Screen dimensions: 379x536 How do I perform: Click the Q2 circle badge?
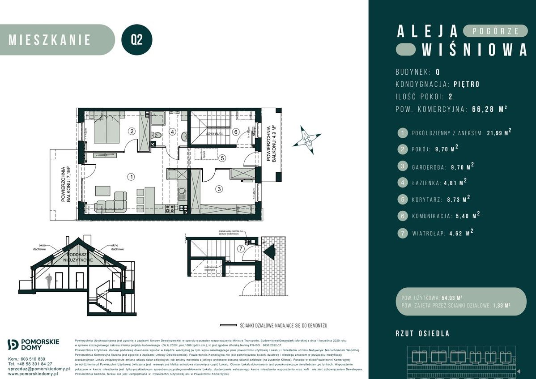tap(137, 40)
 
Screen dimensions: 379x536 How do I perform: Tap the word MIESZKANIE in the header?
tap(50, 40)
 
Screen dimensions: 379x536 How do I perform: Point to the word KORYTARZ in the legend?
tap(429, 199)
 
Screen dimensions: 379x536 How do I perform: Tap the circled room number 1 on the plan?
tap(130, 177)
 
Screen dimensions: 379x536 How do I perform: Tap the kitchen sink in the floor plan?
tap(181, 194)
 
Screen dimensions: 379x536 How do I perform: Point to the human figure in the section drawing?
tap(49, 281)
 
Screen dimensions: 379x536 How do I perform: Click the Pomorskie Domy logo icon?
tap(13, 344)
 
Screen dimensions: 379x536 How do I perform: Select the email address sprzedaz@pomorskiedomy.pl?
tap(39, 369)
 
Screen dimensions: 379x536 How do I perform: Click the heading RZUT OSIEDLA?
tap(422, 333)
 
